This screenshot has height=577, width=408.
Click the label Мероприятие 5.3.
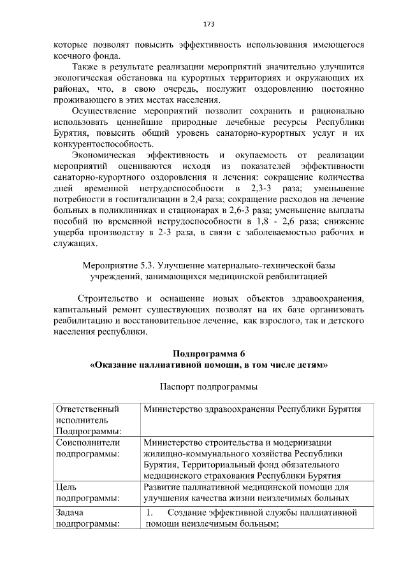click(112, 265)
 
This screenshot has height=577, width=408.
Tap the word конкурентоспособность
click(99, 144)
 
